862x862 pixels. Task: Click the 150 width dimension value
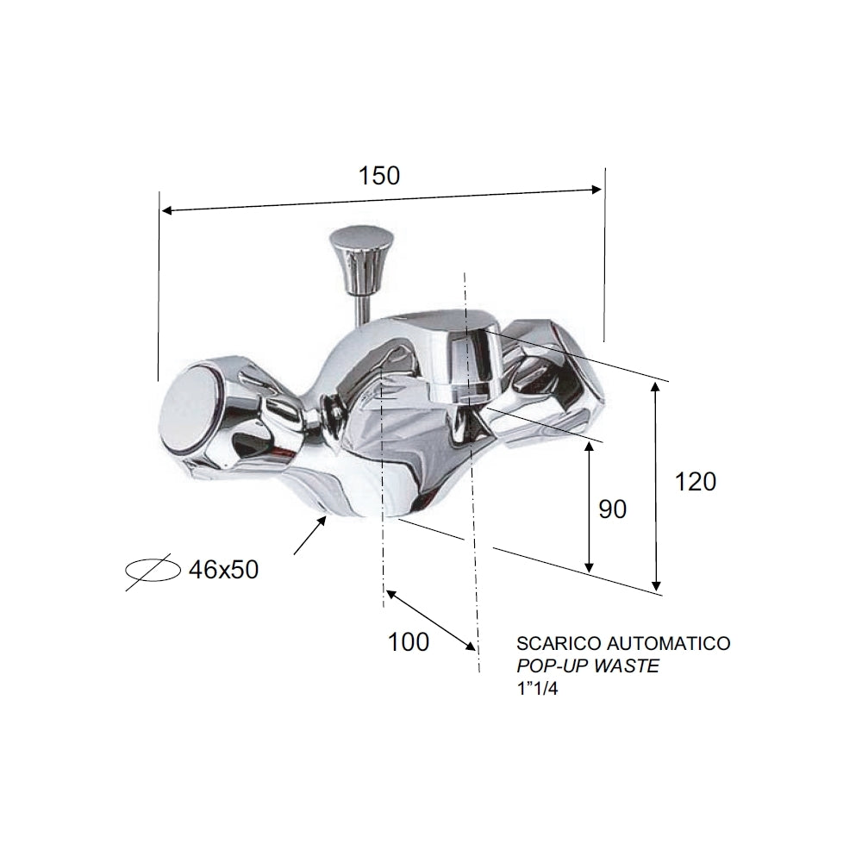click(379, 175)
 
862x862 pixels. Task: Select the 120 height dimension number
click(695, 482)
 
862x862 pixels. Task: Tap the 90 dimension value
click(612, 509)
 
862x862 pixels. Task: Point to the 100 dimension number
click(408, 642)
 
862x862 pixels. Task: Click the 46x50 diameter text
click(222, 570)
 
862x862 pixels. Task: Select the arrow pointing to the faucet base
click(310, 535)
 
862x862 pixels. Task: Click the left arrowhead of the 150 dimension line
click(166, 210)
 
